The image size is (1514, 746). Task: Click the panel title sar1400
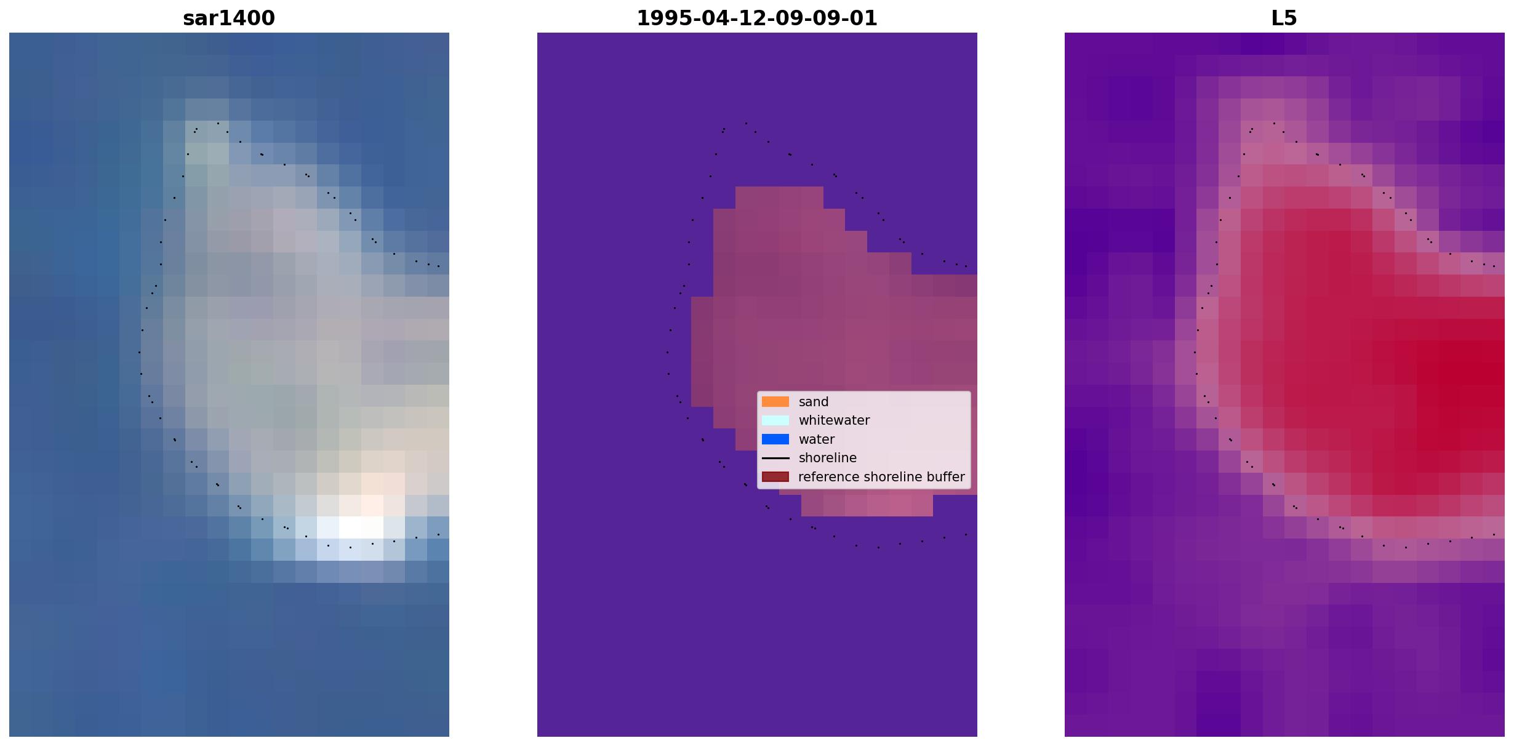pyautogui.click(x=229, y=18)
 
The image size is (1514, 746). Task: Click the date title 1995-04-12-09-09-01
pyautogui.click(x=757, y=18)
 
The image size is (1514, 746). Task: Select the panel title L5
pyautogui.click(x=1284, y=18)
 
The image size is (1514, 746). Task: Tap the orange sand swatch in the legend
pyautogui.click(x=775, y=402)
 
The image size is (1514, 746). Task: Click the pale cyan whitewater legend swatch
pyautogui.click(x=775, y=420)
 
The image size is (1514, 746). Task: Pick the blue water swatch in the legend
pyautogui.click(x=775, y=439)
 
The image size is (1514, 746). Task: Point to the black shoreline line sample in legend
pyautogui.click(x=775, y=458)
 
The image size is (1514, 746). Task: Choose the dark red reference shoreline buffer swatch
pyautogui.click(x=775, y=477)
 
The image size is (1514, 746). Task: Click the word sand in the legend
pyautogui.click(x=814, y=402)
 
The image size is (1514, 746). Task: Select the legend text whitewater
pyautogui.click(x=834, y=420)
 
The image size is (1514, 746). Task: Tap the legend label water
pyautogui.click(x=817, y=439)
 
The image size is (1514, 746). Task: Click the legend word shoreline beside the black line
pyautogui.click(x=828, y=458)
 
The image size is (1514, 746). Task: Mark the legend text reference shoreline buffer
pyautogui.click(x=881, y=477)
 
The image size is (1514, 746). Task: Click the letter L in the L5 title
pyautogui.click(x=1278, y=18)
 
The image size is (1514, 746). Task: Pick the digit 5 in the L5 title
pyautogui.click(x=1292, y=18)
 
